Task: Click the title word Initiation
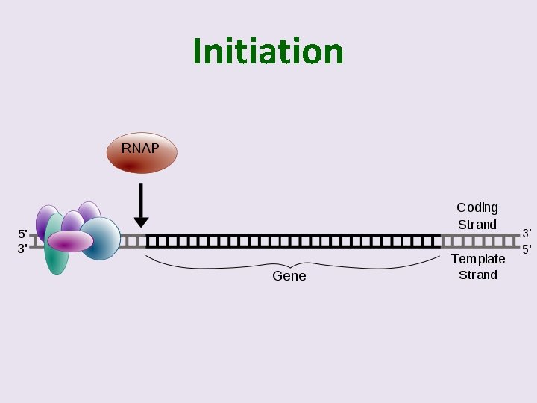tap(268, 51)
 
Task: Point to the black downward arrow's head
tap(141, 222)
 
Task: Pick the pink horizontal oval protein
tap(70, 241)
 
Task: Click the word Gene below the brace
tap(289, 276)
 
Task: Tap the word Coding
tap(477, 207)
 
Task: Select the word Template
tap(478, 259)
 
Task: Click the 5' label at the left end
tap(22, 234)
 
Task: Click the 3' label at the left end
tap(22, 249)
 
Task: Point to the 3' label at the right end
tap(527, 234)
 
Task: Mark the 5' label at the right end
tap(527, 249)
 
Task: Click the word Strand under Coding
tap(477, 225)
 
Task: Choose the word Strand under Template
tap(478, 275)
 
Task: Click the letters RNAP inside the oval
tap(140, 148)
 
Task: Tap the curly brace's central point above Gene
tap(292, 263)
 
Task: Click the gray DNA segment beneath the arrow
tap(134, 241)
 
